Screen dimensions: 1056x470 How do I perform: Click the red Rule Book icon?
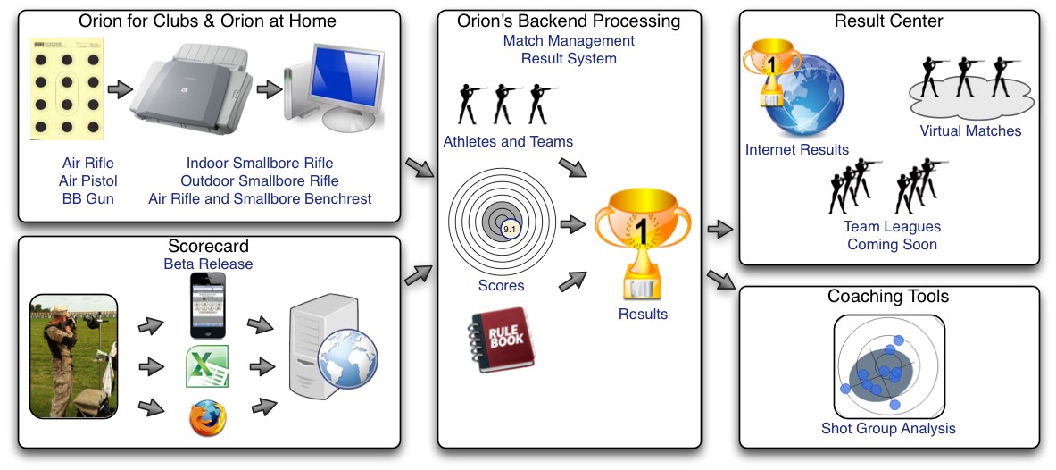(501, 340)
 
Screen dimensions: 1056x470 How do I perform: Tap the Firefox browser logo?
(208, 418)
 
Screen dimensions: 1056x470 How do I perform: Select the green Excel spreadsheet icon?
(208, 366)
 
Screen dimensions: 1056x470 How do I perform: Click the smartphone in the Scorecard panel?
(208, 306)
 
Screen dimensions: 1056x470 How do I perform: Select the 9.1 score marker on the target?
(510, 230)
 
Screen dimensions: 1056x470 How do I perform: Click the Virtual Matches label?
(970, 130)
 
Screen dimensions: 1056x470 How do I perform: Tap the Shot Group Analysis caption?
(888, 428)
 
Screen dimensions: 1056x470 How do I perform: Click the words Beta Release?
(208, 264)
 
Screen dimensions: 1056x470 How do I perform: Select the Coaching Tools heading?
(888, 296)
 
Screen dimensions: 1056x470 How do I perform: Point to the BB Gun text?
(88, 198)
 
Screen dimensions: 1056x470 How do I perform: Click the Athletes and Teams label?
(508, 141)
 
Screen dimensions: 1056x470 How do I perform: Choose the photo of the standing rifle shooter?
(73, 356)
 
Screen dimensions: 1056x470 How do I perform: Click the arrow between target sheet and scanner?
(120, 89)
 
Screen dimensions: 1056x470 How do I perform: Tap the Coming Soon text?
(892, 244)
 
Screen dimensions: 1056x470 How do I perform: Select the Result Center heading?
(888, 21)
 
